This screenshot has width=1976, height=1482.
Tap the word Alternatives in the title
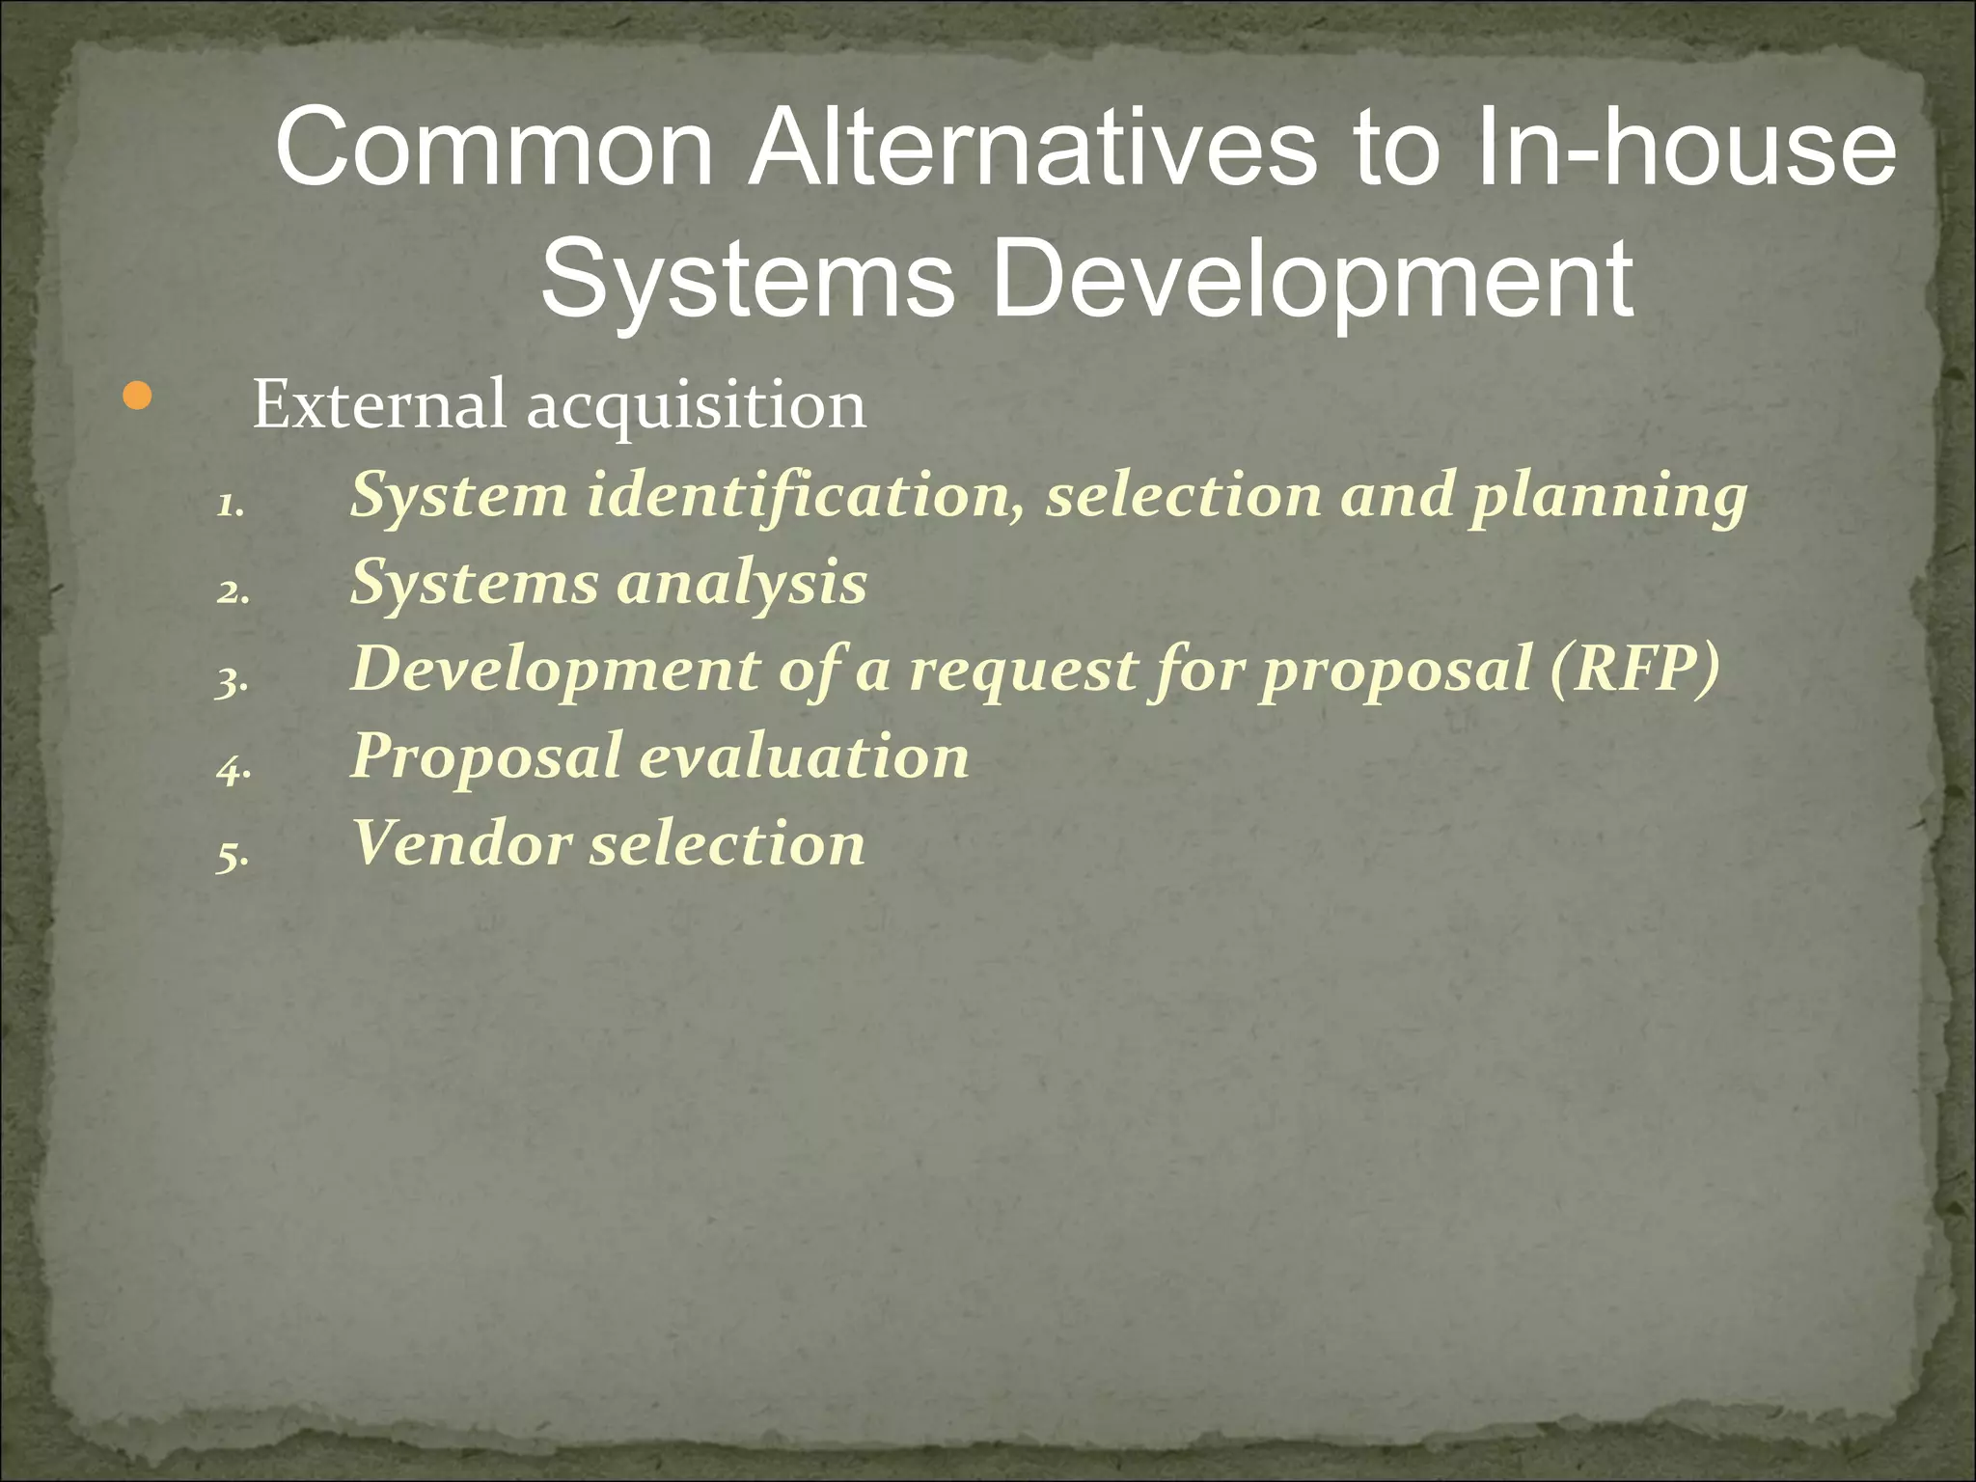pyautogui.click(x=1032, y=150)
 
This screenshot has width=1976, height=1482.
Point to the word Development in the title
pyautogui.click(x=1312, y=280)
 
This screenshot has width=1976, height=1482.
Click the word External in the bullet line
pyautogui.click(x=378, y=405)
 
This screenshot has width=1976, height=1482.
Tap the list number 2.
pyautogui.click(x=233, y=591)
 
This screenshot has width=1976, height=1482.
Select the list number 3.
pyautogui.click(x=233, y=681)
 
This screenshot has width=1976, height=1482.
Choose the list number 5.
pyautogui.click(x=233, y=855)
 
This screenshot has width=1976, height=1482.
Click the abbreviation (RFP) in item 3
pyautogui.click(x=1635, y=670)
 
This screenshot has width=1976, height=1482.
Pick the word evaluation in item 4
pyautogui.click(x=805, y=756)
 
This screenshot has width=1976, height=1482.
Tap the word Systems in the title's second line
pyautogui.click(x=748, y=280)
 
